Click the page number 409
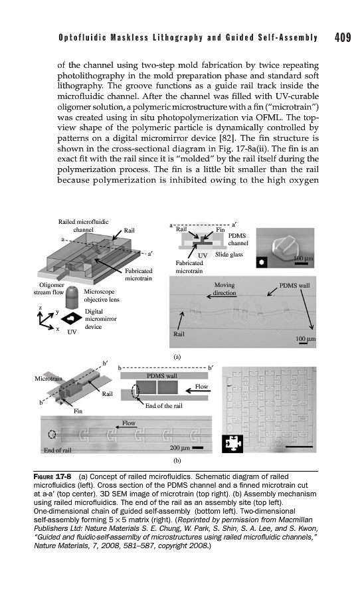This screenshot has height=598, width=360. pyautogui.click(x=343, y=37)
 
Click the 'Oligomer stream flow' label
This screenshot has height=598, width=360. pyautogui.click(x=48, y=289)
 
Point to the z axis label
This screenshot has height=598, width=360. pyautogui.click(x=40, y=308)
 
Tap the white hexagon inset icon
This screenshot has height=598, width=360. pyautogui.click(x=261, y=262)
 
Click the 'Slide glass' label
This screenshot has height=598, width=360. pyautogui.click(x=228, y=254)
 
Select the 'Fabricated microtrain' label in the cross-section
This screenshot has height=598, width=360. pyautogui.click(x=189, y=267)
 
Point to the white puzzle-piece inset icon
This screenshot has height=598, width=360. pyautogui.click(x=232, y=444)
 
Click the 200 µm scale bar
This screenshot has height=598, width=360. pyautogui.click(x=197, y=448)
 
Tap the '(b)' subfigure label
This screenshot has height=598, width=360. pyautogui.click(x=177, y=460)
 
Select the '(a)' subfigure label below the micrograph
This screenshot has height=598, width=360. pyautogui.click(x=177, y=357)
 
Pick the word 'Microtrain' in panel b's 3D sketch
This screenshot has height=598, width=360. pyautogui.click(x=48, y=379)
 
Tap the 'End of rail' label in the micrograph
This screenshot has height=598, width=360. pyautogui.click(x=58, y=450)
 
